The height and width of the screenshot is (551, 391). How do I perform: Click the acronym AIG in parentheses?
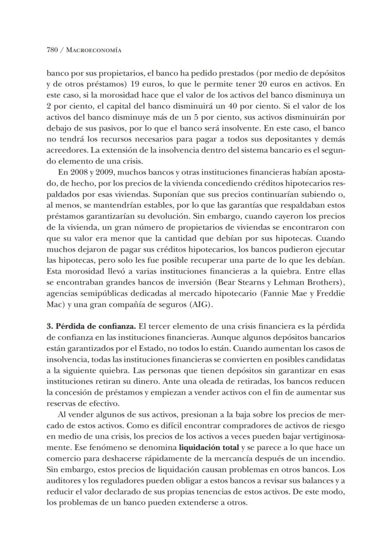[200, 304]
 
